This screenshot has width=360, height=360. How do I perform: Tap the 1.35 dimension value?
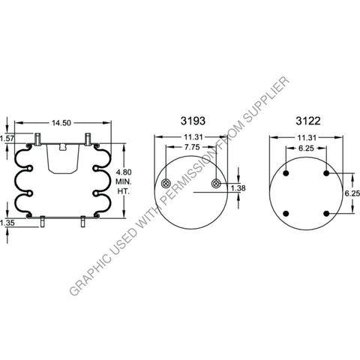point(8,223)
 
